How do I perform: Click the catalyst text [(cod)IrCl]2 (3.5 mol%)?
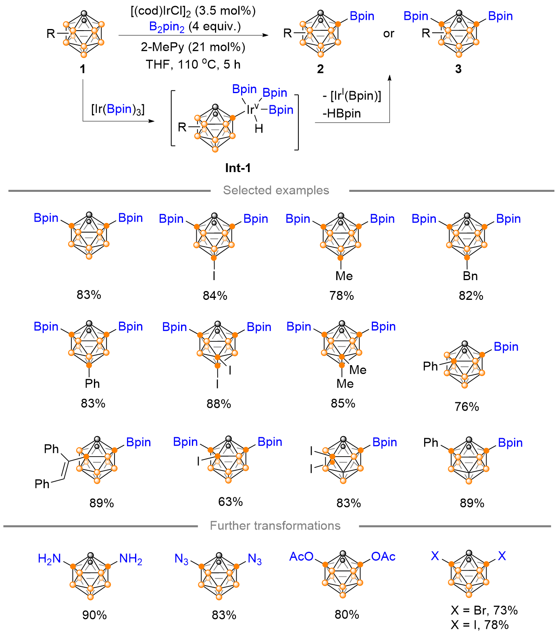coord(193,11)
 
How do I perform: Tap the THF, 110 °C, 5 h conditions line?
coord(193,64)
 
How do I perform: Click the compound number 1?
coord(83,69)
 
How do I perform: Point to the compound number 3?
coord(458,69)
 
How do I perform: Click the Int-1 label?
coord(238,168)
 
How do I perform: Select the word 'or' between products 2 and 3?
coord(389,34)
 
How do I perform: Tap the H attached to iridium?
coord(259,129)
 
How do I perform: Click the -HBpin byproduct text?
coord(341,114)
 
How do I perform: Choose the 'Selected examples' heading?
coord(276,190)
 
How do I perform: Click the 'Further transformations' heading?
coord(275,526)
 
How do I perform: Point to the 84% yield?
coord(215,296)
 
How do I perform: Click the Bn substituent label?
coord(470,276)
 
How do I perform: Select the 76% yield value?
coord(466,407)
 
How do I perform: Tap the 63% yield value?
coord(231,502)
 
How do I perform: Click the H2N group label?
coord(49,559)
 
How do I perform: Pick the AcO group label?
coord(301,557)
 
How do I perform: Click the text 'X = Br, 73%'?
coord(484,610)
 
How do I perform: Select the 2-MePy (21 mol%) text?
coord(193,47)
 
